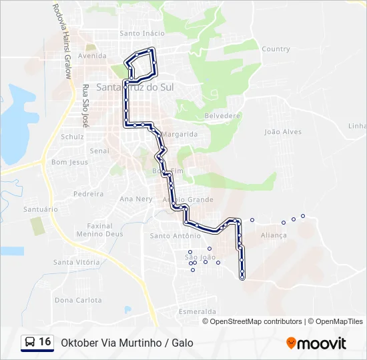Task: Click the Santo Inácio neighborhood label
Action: click(x=141, y=33)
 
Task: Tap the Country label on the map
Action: click(x=276, y=49)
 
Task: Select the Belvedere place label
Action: click(x=222, y=115)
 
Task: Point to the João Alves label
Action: click(x=283, y=132)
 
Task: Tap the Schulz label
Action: click(x=72, y=137)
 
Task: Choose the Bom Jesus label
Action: click(x=69, y=162)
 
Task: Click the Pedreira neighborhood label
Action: click(x=88, y=194)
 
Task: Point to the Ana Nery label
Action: click(x=135, y=199)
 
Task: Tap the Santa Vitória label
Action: click(x=77, y=262)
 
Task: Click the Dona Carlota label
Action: click(x=78, y=300)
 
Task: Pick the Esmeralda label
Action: click(x=198, y=311)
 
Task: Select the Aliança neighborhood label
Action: click(x=274, y=235)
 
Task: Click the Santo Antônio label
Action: click(x=175, y=235)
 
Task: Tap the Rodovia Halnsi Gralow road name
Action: click(x=61, y=41)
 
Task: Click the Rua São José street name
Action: click(x=85, y=106)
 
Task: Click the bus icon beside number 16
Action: click(x=30, y=342)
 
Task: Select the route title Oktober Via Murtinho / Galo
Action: click(x=127, y=343)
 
